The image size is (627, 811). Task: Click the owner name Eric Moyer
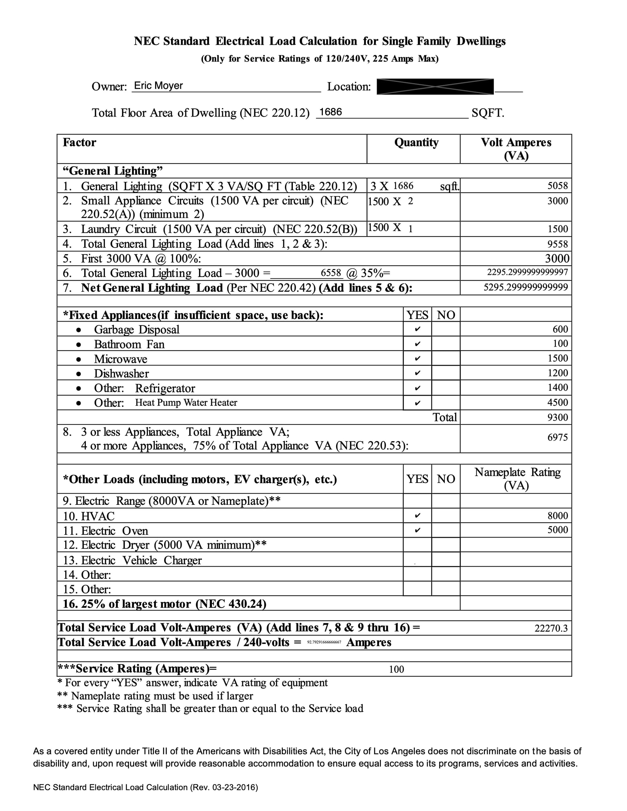[158, 86]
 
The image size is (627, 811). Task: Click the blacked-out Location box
[435, 86]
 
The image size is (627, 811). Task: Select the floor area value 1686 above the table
[331, 112]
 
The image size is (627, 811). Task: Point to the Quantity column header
[416, 143]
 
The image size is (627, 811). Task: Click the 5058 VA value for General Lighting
[557, 186]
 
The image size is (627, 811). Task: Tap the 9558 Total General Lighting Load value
[557, 244]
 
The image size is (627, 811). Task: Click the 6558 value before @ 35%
[331, 273]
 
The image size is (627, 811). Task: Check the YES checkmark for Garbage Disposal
[418, 329]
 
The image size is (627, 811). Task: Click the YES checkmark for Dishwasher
[418, 373]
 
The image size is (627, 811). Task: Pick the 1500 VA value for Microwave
[557, 358]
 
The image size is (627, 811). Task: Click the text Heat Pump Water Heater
[186, 403]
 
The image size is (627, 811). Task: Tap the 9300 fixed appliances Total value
[557, 417]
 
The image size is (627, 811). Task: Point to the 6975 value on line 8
[557, 437]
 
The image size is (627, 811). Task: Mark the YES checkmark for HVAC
[418, 515]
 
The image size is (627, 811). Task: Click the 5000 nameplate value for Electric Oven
[557, 530]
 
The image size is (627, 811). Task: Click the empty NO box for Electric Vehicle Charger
[446, 559]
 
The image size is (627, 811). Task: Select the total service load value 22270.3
[551, 628]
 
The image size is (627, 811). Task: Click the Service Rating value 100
[396, 669]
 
